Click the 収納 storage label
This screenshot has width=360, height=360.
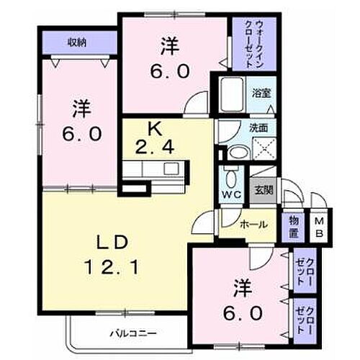click(77, 42)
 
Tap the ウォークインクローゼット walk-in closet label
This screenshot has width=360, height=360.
click(255, 45)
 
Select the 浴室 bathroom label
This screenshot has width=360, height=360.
click(261, 93)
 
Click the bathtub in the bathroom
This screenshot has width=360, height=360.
click(232, 94)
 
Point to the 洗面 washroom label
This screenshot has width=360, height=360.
click(258, 128)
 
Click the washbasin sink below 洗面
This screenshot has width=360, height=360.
click(238, 153)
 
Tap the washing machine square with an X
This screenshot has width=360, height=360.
click(264, 149)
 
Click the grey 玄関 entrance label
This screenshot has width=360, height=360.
click(264, 190)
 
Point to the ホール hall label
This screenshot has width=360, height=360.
click(253, 225)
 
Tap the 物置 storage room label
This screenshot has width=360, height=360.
click(294, 226)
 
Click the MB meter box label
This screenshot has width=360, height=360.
click(319, 228)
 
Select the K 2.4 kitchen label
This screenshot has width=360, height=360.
click(154, 139)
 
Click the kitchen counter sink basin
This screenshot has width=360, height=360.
click(171, 168)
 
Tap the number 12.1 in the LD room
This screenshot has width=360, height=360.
click(112, 267)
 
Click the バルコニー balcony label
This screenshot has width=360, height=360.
click(133, 333)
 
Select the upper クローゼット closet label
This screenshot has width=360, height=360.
click(305, 271)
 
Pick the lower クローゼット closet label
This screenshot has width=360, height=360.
click(305, 320)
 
